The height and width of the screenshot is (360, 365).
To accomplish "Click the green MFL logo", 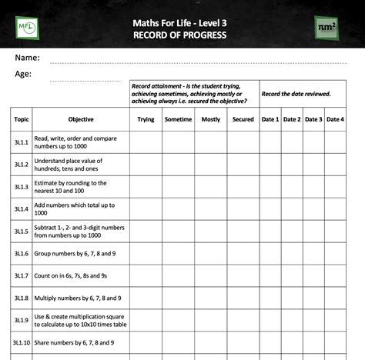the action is (27, 27).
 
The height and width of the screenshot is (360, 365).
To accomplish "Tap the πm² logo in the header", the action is (327, 27).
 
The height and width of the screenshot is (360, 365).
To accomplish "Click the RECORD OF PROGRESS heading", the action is (179, 35).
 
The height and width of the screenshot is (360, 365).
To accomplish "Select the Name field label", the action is (27, 58).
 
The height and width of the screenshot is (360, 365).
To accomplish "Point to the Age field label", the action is (23, 75).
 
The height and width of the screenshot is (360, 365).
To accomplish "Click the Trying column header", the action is (146, 119).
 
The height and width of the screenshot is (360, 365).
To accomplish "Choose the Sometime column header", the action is (178, 119).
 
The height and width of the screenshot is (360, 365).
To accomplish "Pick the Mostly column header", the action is (210, 119).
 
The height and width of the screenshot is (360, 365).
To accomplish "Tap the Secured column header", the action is (243, 119).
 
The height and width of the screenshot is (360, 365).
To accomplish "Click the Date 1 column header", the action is (270, 119).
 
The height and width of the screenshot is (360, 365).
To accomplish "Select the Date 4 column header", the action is (335, 119).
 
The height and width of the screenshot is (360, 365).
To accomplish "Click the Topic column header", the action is (22, 119).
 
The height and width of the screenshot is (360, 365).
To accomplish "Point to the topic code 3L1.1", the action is (22, 142).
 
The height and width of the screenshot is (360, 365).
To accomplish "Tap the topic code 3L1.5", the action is (22, 232).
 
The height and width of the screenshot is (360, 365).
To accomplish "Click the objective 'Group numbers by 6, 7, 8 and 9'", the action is (75, 254).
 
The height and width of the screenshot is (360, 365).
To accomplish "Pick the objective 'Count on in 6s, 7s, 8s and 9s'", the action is (75, 275).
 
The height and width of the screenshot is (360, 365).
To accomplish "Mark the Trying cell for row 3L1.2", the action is (146, 165).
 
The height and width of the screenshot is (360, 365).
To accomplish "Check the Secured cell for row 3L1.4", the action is (243, 209).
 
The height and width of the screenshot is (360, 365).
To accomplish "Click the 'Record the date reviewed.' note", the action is (296, 94).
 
